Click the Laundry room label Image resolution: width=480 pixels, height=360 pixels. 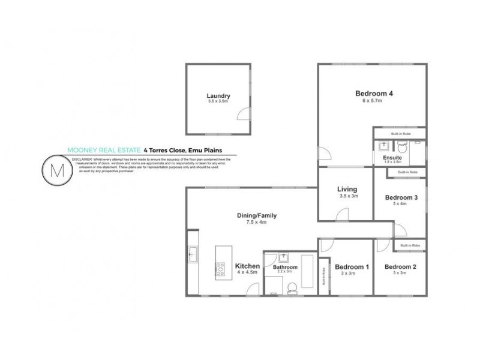[x=218, y=96]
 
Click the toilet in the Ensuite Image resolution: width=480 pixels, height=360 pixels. [x=402, y=146]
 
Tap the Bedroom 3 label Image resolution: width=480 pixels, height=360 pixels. [x=400, y=197]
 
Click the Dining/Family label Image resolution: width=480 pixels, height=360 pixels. [x=256, y=215]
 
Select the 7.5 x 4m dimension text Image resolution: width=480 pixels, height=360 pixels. [x=256, y=223]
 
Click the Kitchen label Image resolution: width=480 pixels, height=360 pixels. [x=247, y=266]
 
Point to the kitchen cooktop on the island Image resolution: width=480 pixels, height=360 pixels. [x=220, y=268]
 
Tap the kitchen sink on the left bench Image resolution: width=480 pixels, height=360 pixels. [x=192, y=254]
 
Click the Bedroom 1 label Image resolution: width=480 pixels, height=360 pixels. [x=352, y=267]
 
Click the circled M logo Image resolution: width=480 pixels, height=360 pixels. [x=58, y=170]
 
